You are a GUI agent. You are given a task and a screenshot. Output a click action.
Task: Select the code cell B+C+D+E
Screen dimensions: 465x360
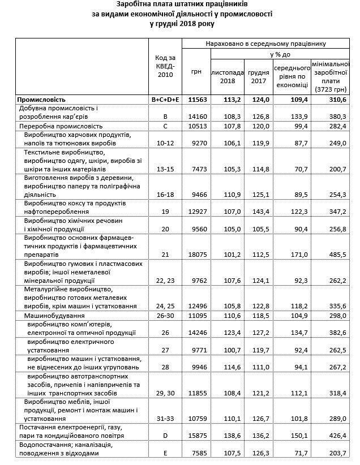tap(165, 99)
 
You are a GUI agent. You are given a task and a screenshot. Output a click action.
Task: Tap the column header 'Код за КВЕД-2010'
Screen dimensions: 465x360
tap(165, 67)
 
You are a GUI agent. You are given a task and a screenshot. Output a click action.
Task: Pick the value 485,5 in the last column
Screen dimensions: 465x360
tap(336, 255)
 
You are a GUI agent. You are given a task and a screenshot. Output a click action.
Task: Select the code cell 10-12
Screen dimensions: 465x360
tap(165, 144)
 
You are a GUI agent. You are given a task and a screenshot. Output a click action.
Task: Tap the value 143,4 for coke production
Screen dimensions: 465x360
tap(258, 211)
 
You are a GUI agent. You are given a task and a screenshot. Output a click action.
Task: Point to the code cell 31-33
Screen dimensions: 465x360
tap(165, 418)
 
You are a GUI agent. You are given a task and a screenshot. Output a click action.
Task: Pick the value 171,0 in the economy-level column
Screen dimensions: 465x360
tap(293, 255)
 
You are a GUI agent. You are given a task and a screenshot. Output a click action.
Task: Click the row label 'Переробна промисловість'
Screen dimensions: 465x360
tap(61, 126)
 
